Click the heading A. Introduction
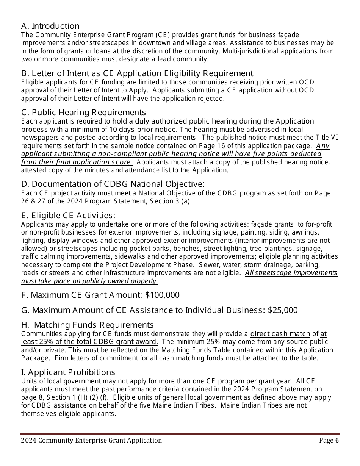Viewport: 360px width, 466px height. (x=50, y=26)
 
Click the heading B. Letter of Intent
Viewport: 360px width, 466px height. (x=137, y=73)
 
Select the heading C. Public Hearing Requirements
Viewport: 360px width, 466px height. (x=83, y=113)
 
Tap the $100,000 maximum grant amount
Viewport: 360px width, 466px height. (x=162, y=295)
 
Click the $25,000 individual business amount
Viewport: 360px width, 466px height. (x=282, y=310)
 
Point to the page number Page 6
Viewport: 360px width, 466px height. (x=329, y=440)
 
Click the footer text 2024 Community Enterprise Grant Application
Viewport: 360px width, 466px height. (x=91, y=440)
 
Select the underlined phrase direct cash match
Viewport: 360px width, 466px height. (x=280, y=334)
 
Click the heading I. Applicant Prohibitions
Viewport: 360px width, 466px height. (x=68, y=372)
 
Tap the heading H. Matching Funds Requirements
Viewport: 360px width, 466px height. (x=88, y=325)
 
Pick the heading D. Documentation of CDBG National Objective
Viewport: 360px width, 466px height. (x=113, y=184)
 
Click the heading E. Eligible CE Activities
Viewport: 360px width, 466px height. (x=68, y=216)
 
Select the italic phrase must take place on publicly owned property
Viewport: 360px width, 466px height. (x=89, y=281)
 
